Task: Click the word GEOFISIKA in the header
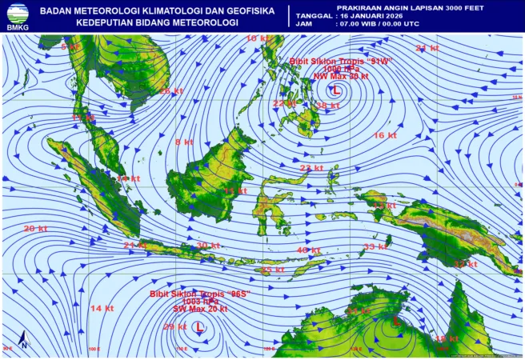[x=242, y=10]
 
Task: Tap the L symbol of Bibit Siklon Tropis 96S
[x=199, y=326]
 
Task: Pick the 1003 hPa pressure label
[x=199, y=302]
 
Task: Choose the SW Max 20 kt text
[x=200, y=309]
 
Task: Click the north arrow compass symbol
[x=24, y=339]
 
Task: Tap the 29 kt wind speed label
[x=174, y=326]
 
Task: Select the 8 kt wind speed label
[x=184, y=142]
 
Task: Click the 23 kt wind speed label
[x=311, y=168]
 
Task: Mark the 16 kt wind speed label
[x=385, y=135]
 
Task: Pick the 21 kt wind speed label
[x=134, y=245]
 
